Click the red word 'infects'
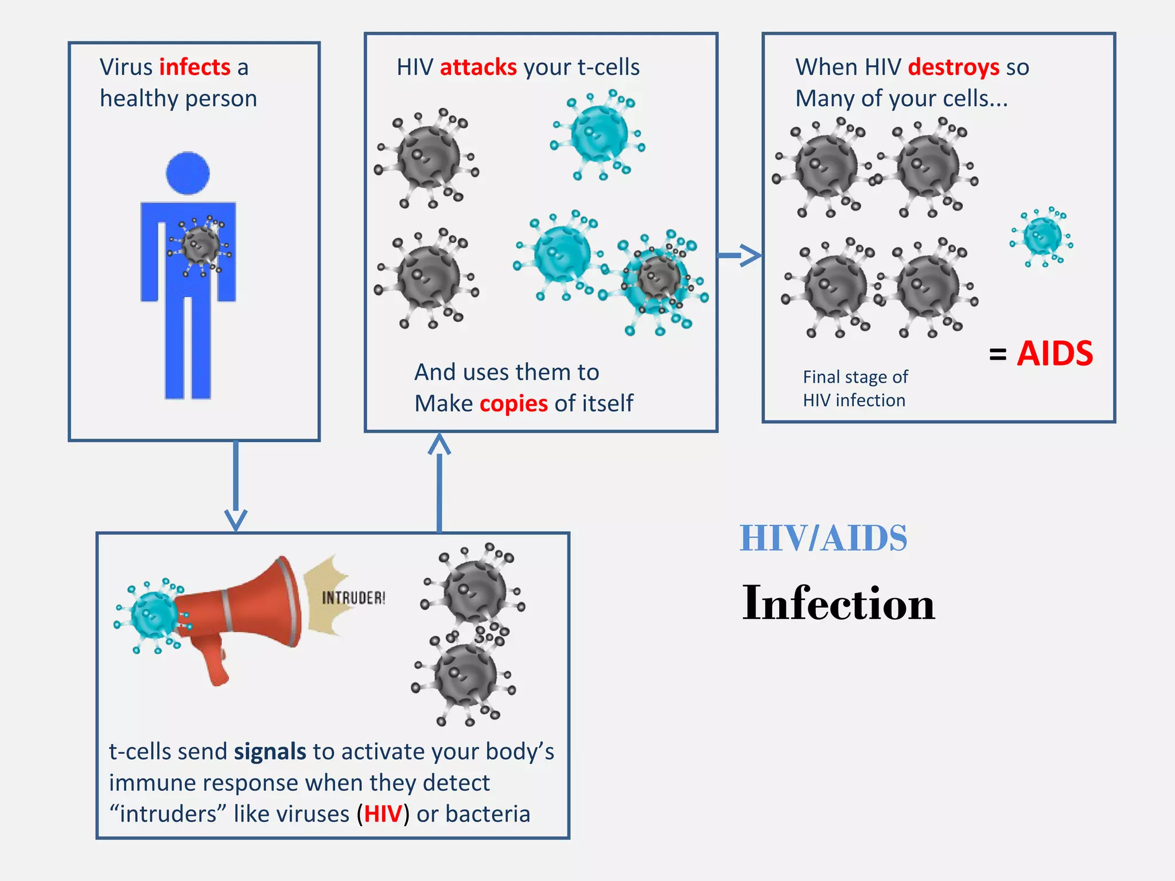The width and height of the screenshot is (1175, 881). [x=194, y=67]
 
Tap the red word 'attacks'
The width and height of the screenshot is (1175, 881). [x=478, y=67]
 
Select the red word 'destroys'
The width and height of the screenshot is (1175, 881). [x=954, y=67]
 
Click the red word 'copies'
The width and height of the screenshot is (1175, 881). [x=513, y=403]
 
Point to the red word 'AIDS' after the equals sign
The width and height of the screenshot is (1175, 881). [x=1055, y=353]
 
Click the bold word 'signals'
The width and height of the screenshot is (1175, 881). [x=270, y=751]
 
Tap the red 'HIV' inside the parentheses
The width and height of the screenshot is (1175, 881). [x=383, y=814]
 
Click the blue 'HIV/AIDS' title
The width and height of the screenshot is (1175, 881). [x=823, y=538]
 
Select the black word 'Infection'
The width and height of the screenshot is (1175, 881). [x=838, y=603]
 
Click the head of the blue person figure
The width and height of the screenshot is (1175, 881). [x=188, y=173]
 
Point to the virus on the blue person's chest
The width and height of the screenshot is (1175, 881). [x=200, y=245]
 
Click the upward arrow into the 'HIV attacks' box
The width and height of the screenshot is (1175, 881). [x=439, y=482]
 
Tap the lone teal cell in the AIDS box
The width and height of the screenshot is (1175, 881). [x=1042, y=236]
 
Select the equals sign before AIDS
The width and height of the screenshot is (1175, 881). [x=998, y=354]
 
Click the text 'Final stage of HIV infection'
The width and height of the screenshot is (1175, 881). [x=855, y=388]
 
